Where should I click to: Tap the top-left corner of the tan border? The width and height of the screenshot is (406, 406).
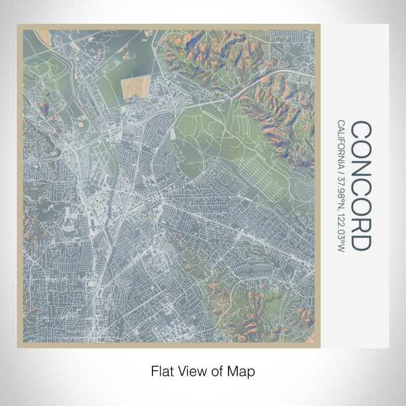click(x=18, y=26)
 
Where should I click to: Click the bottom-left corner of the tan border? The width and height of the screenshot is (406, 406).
click(x=18, y=347)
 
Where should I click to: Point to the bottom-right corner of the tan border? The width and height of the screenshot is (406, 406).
click(x=319, y=347)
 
